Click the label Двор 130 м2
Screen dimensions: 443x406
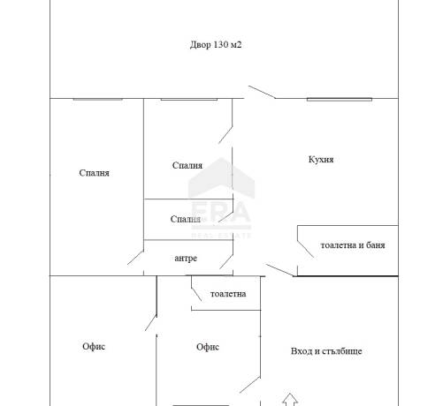tap(216, 45)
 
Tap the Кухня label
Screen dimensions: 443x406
tap(321, 160)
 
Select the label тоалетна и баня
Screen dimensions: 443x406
tap(353, 245)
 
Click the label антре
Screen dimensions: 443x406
tap(186, 259)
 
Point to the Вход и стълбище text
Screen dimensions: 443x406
tap(326, 351)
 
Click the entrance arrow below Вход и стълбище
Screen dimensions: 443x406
tap(290, 400)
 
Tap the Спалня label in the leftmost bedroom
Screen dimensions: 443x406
tap(94, 173)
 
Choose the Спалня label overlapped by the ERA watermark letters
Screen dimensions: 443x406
tap(186, 219)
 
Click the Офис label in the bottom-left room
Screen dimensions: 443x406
tap(94, 347)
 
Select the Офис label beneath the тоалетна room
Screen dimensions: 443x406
tap(208, 347)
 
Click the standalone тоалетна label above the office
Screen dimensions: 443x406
tap(228, 294)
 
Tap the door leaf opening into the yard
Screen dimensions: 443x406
tap(262, 92)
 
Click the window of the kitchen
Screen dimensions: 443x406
tap(340, 100)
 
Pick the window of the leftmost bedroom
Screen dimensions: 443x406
tap(97, 100)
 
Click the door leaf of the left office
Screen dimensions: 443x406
tap(150, 323)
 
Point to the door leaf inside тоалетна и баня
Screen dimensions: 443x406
tap(305, 250)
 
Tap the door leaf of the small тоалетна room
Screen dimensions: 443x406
tap(196, 295)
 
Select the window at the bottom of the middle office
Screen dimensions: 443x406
tap(201, 405)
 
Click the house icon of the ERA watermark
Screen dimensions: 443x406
tap(221, 178)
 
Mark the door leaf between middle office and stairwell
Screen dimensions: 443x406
tap(250, 385)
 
